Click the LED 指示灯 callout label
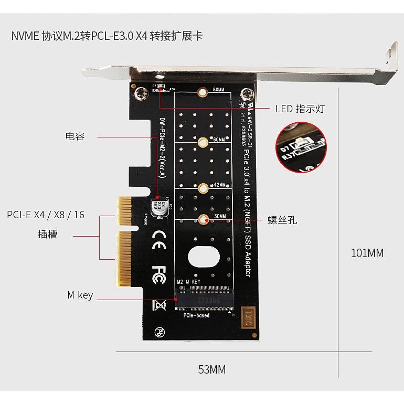coord(300,109)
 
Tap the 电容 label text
coord(75,136)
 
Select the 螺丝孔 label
coord(282,220)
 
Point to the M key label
coord(80,295)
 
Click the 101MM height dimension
coord(367,253)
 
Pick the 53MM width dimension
coord(211,369)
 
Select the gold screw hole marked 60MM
coord(201,141)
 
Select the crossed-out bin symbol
coord(159,304)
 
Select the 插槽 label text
coord(48,234)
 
